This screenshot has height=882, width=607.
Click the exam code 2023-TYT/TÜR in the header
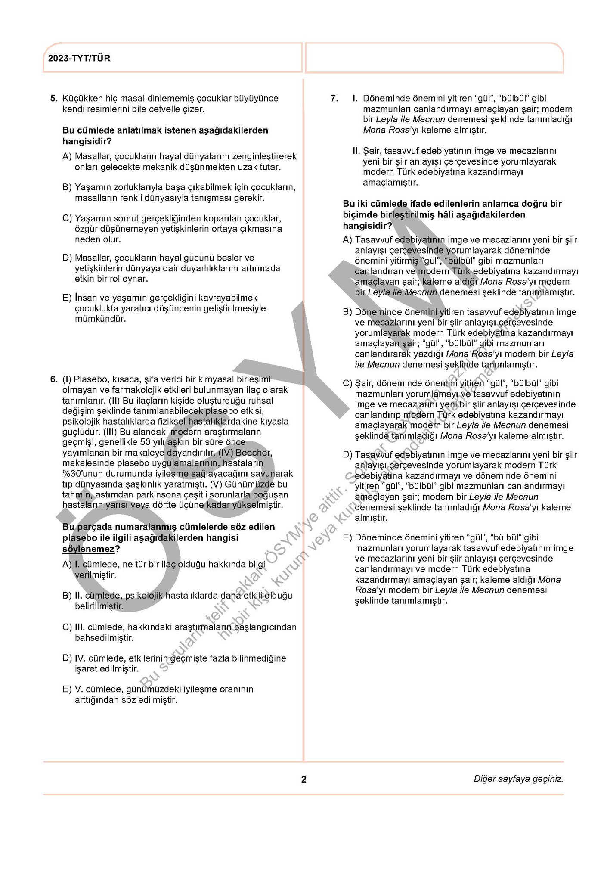(79, 58)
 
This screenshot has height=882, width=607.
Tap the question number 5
(53, 98)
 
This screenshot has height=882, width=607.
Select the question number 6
(53, 379)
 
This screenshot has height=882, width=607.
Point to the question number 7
(334, 98)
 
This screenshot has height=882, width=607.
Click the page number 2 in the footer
(303, 779)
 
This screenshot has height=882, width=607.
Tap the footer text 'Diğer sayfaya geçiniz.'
(518, 779)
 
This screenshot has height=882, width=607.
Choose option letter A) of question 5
(67, 156)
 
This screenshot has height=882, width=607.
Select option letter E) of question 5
(67, 298)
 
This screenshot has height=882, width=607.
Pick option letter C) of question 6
(67, 627)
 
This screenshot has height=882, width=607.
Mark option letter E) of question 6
(67, 689)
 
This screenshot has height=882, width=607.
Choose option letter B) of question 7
(347, 312)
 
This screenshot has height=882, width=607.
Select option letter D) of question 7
(347, 455)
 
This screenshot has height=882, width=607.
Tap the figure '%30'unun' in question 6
(83, 474)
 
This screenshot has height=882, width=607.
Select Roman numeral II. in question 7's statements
(356, 151)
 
